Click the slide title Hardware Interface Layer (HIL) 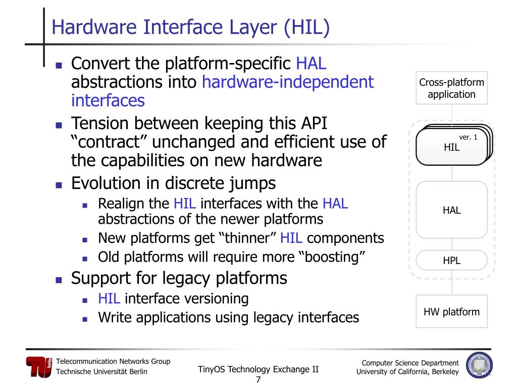pyautogui.click(x=191, y=27)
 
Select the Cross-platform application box pyautogui.click(x=451, y=88)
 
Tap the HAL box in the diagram pyautogui.click(x=451, y=210)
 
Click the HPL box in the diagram pyautogui.click(x=451, y=261)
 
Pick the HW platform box pyautogui.click(x=451, y=312)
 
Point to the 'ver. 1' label pyautogui.click(x=468, y=137)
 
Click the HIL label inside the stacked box pyautogui.click(x=451, y=148)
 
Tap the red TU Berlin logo pyautogui.click(x=39, y=367)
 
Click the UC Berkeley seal pyautogui.click(x=479, y=365)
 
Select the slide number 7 pyautogui.click(x=258, y=379)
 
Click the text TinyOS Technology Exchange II pyautogui.click(x=258, y=369)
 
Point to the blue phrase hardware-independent pyautogui.click(x=288, y=82)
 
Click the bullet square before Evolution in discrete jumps pyautogui.click(x=59, y=184)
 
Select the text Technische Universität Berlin pyautogui.click(x=101, y=372)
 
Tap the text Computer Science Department pyautogui.click(x=410, y=363)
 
